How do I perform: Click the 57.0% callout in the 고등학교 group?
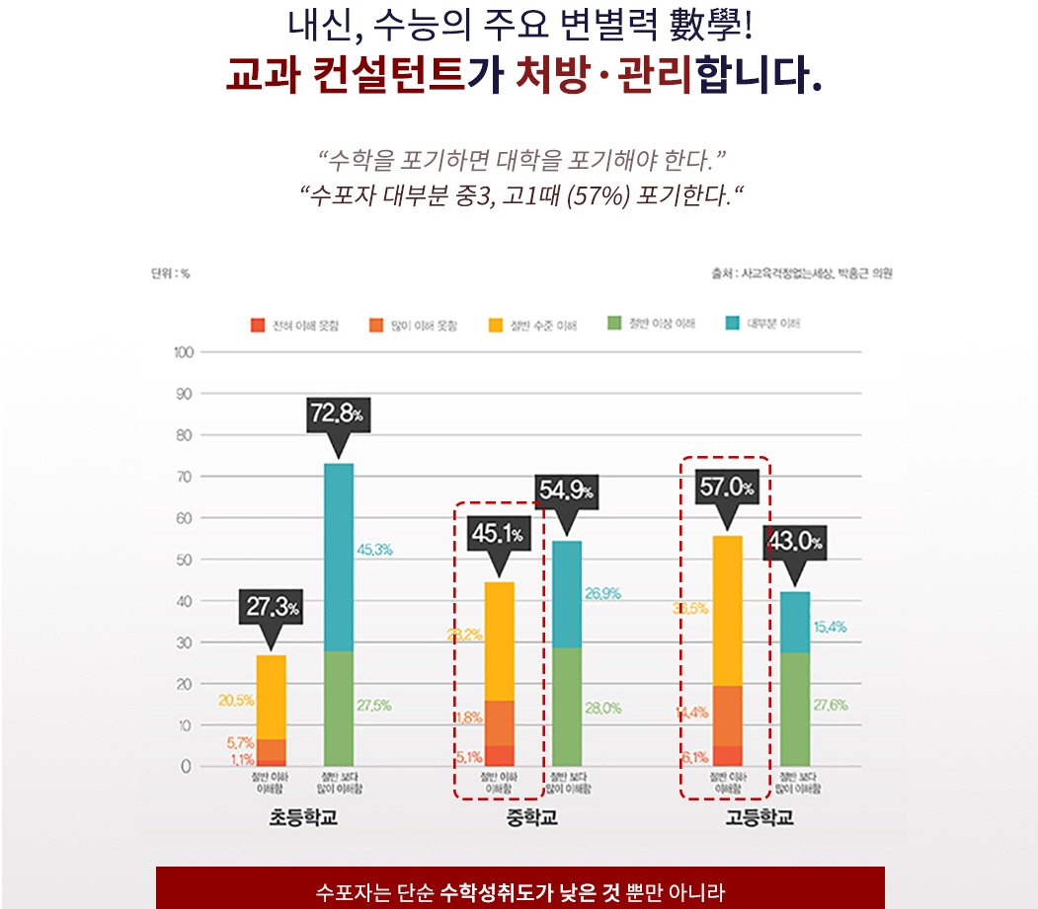(x=727, y=489)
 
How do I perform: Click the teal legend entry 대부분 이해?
(x=762, y=324)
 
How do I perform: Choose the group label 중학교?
(x=531, y=818)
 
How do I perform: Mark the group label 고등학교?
(x=759, y=818)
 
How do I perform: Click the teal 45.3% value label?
(x=374, y=550)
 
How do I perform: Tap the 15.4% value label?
(x=830, y=627)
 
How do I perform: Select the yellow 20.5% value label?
(x=236, y=701)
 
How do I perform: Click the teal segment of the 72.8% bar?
(x=338, y=558)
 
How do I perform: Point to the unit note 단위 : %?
(x=170, y=273)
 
